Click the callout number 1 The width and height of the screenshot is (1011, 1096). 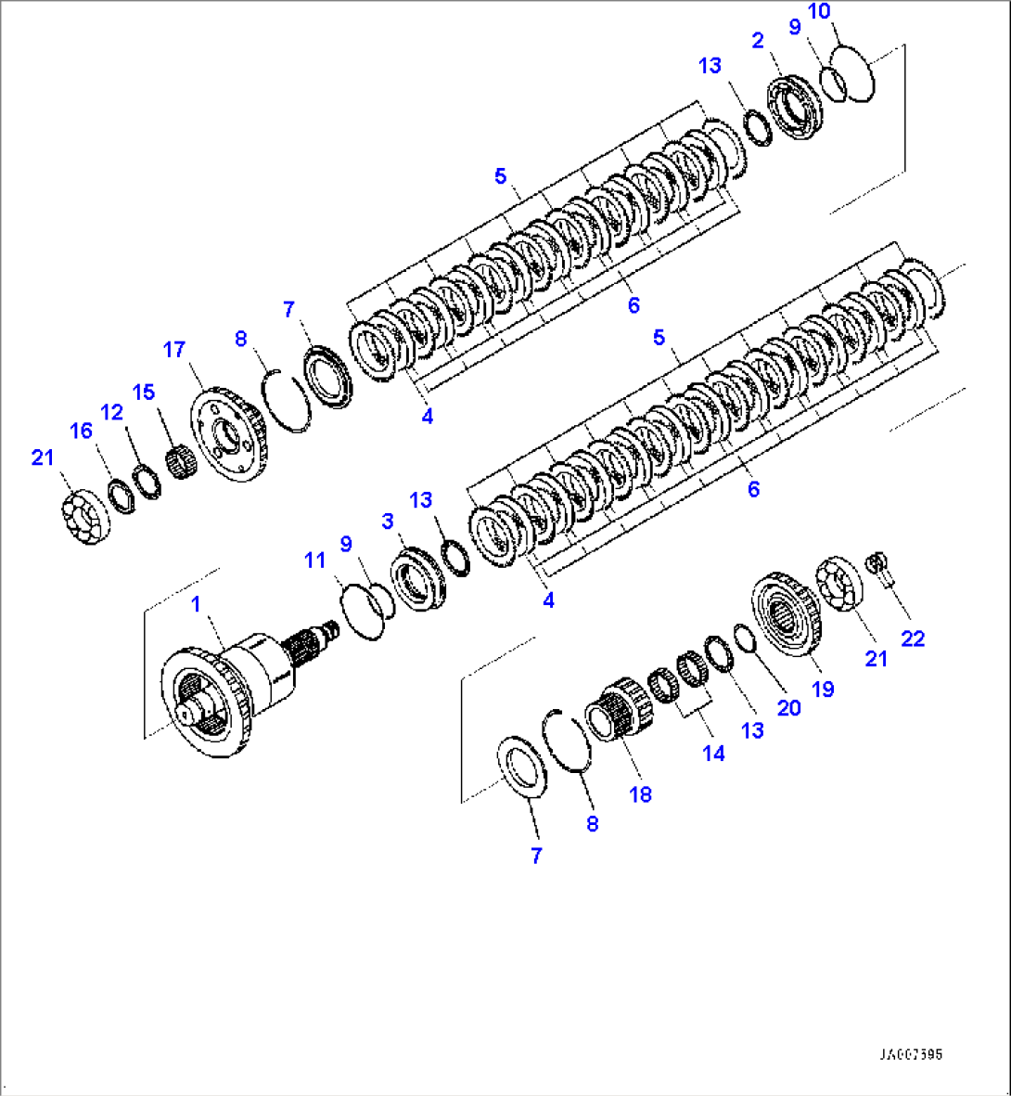tap(196, 605)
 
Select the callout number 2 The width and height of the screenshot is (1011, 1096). tap(758, 40)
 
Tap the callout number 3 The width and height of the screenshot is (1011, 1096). tap(388, 522)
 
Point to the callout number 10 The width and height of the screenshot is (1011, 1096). tap(819, 12)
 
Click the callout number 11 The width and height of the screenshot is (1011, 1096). tap(315, 561)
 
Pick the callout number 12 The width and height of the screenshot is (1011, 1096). tap(112, 412)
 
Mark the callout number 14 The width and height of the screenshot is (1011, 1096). tap(713, 753)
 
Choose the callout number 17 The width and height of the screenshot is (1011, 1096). tap(174, 350)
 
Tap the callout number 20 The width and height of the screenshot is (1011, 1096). tap(788, 708)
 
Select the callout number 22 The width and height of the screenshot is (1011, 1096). tap(913, 638)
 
